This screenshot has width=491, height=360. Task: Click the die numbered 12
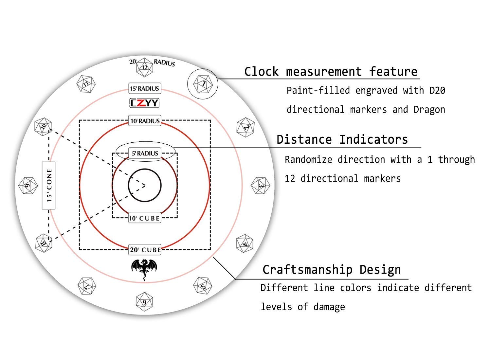144,67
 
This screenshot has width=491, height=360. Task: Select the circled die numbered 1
203,84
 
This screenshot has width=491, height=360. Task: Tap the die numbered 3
261,186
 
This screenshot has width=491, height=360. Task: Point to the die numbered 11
86,84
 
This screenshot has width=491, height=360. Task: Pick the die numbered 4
245,243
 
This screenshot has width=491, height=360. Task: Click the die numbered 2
245,127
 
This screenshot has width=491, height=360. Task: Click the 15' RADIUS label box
145,88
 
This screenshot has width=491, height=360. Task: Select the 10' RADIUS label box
145,121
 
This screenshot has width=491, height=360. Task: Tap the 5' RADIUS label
145,153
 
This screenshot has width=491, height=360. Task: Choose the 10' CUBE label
145,218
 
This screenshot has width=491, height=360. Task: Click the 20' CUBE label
145,250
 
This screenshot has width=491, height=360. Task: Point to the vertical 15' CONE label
49,186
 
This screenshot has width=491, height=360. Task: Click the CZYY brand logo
144,103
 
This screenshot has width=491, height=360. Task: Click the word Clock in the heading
262,72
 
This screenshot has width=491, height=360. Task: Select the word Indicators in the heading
373,139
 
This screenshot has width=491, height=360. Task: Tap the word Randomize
308,159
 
